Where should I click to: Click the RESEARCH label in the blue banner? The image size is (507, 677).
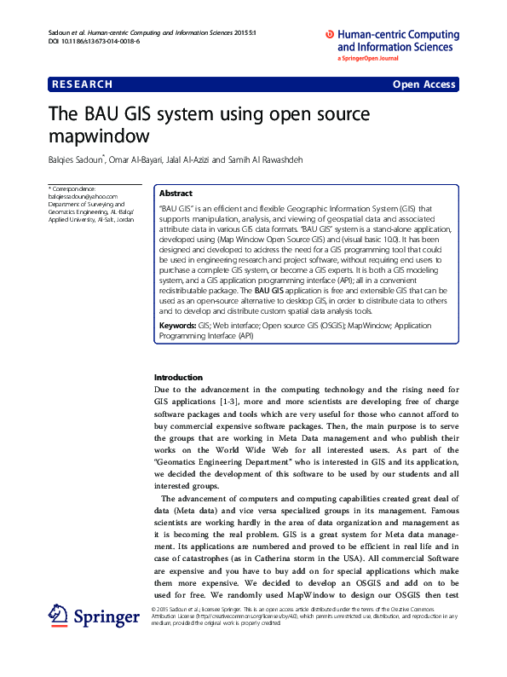tap(82, 84)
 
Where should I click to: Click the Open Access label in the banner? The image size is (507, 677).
tap(424, 84)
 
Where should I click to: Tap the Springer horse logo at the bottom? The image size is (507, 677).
tap(59, 616)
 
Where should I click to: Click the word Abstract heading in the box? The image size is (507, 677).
tap(176, 194)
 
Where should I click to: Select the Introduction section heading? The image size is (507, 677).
tap(178, 377)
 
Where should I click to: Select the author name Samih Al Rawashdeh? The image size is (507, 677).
tap(268, 159)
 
